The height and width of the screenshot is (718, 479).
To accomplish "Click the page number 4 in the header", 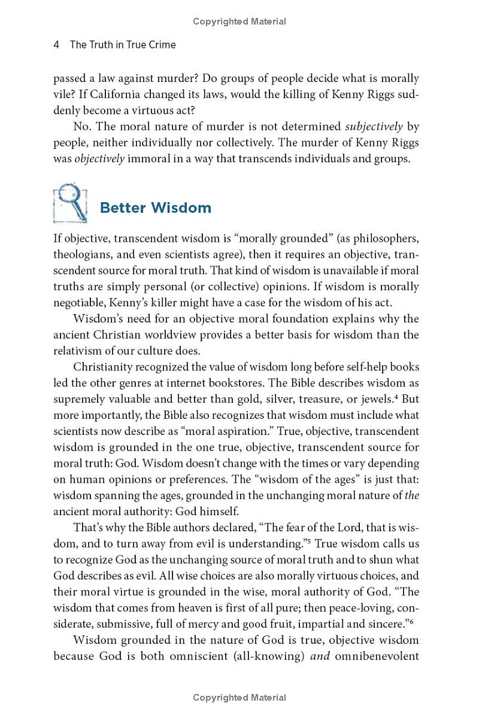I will [x=56, y=45].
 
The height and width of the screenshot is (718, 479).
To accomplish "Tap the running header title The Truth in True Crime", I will [x=123, y=45].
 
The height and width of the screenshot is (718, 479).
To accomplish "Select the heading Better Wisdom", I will [x=155, y=208].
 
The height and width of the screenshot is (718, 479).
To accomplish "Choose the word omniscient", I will [x=218, y=656].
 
